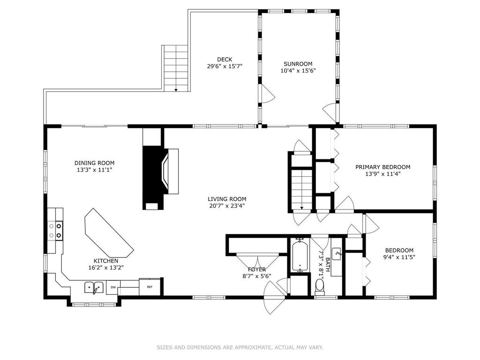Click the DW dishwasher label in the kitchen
coord(113,287)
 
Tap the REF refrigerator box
coord(150,287)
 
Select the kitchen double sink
coord(94,288)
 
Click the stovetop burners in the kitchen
coord(55,231)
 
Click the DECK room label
coord(225,60)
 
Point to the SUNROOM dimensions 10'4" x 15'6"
coord(298,70)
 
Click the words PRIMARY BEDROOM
coord(382,167)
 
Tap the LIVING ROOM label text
coord(227,199)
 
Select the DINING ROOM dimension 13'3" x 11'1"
coord(95,170)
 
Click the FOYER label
coord(257,270)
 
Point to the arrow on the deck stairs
coord(176,90)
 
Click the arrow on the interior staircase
coord(301,207)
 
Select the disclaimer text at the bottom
coord(240,347)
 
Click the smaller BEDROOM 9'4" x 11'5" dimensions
coord(399,257)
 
